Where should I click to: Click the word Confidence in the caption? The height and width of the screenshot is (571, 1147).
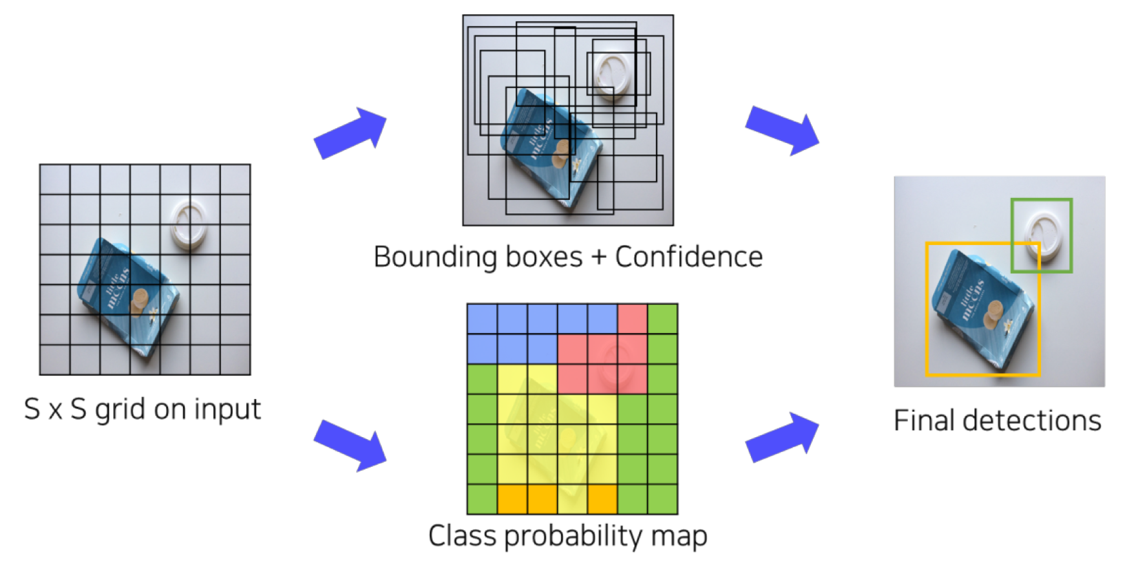[688, 257]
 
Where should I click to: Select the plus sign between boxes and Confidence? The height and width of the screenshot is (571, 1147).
[598, 257]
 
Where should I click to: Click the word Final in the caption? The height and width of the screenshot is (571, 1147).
[923, 421]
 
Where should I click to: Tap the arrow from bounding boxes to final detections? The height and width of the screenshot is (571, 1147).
[782, 129]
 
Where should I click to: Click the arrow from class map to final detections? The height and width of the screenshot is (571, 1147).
[782, 438]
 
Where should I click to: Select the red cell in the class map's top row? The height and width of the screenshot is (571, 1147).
[632, 319]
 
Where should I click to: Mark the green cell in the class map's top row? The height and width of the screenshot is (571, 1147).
[662, 319]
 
